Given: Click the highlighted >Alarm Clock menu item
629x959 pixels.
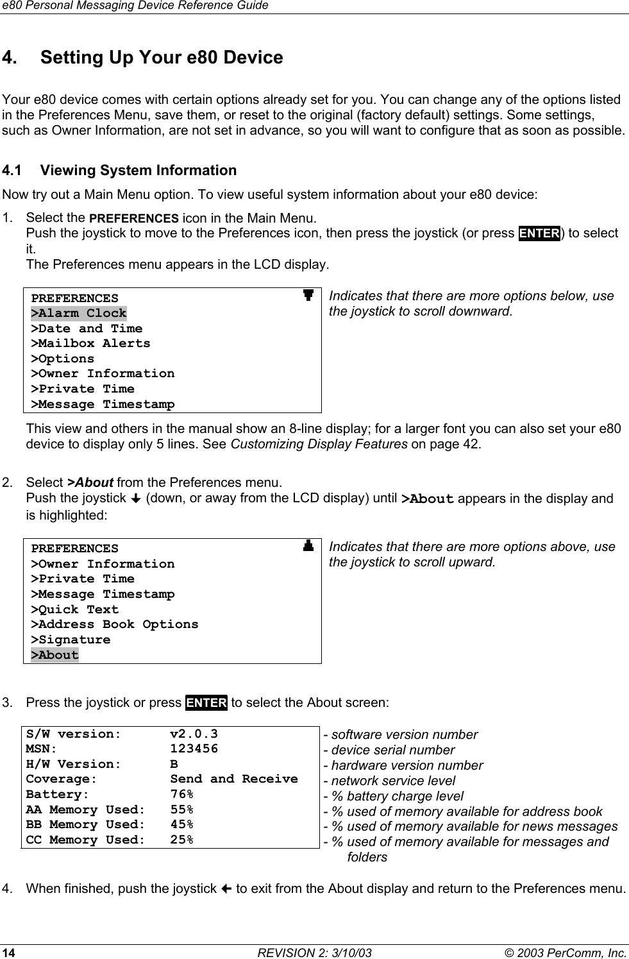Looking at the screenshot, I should pos(79,314).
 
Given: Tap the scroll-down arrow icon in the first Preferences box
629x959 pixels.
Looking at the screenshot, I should pos(308,296).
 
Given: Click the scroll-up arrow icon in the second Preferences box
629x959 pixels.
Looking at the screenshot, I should pos(308,547).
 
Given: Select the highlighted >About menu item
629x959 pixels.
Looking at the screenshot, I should pos(55,656).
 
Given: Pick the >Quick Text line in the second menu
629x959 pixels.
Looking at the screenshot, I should pos(75,610).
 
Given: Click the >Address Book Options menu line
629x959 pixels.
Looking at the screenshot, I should pos(115,625).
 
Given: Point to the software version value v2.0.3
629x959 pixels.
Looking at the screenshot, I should pos(194,734).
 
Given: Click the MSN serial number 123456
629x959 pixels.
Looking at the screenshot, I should pos(194,749).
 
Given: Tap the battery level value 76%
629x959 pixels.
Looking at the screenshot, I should pos(182,795).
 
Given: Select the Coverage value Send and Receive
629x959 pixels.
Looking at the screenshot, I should pos(234,779).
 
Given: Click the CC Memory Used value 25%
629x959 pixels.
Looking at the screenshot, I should pos(182,840).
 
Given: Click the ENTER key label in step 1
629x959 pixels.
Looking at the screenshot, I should pos(540,233).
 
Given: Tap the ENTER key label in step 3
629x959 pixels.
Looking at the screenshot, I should pos(206,702).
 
